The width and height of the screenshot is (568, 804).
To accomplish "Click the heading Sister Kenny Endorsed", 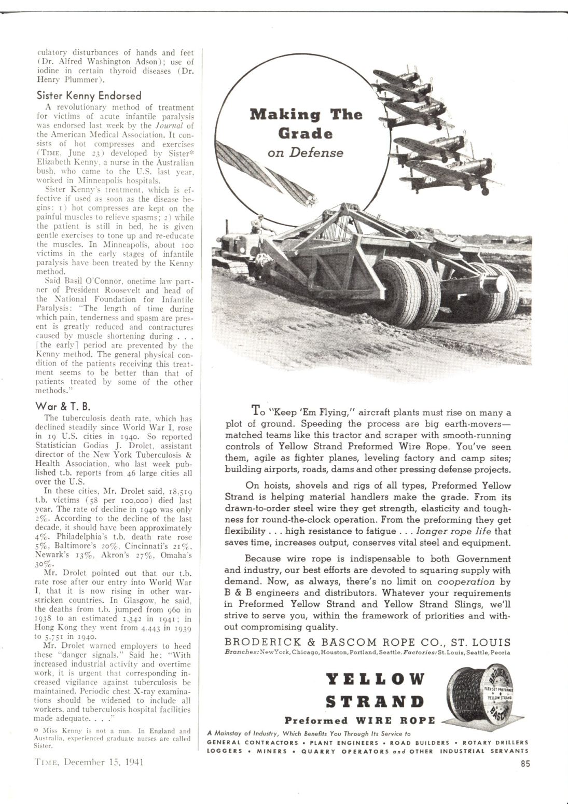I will tap(89, 96).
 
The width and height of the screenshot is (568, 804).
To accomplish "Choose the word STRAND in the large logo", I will tap(375, 702).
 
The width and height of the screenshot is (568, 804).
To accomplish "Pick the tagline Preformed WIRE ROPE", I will tap(359, 720).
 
